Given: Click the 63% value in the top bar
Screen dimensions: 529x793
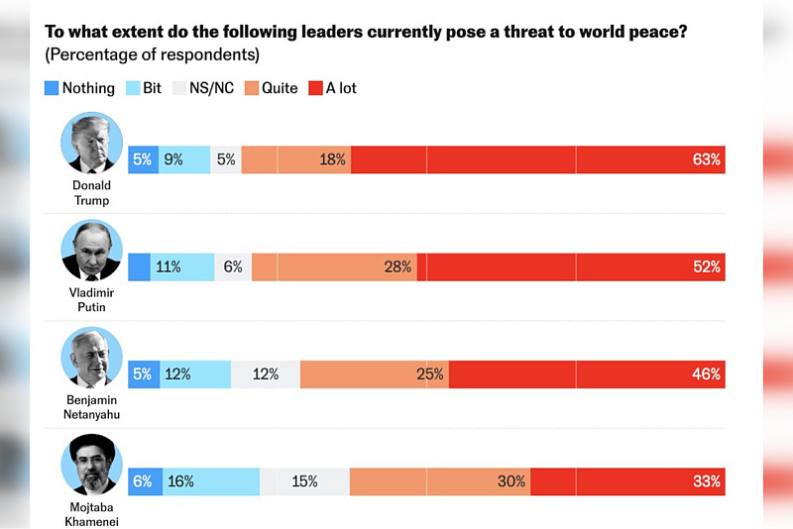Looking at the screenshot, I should (707, 159).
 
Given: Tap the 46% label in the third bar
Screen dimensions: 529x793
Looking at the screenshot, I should (707, 374).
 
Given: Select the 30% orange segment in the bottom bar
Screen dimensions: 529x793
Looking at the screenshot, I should (440, 481).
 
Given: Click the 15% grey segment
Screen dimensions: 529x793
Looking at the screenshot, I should (304, 481).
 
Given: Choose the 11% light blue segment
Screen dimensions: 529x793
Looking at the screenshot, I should (182, 266).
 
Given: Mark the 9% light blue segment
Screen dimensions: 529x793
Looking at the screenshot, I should (184, 159).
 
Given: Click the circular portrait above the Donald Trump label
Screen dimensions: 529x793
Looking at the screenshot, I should (91, 143).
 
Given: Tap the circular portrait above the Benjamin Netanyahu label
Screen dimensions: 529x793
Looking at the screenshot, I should (91, 358).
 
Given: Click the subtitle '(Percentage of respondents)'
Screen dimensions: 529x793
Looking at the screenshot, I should (153, 54).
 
